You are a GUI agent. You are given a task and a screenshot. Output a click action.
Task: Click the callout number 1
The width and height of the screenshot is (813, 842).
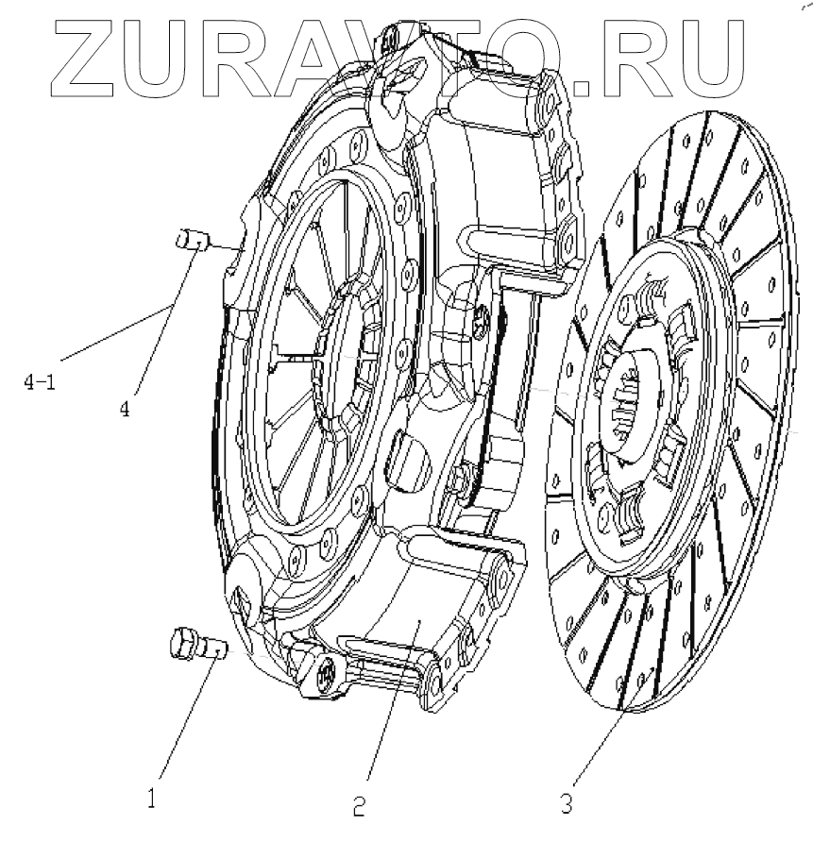[x=152, y=800]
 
